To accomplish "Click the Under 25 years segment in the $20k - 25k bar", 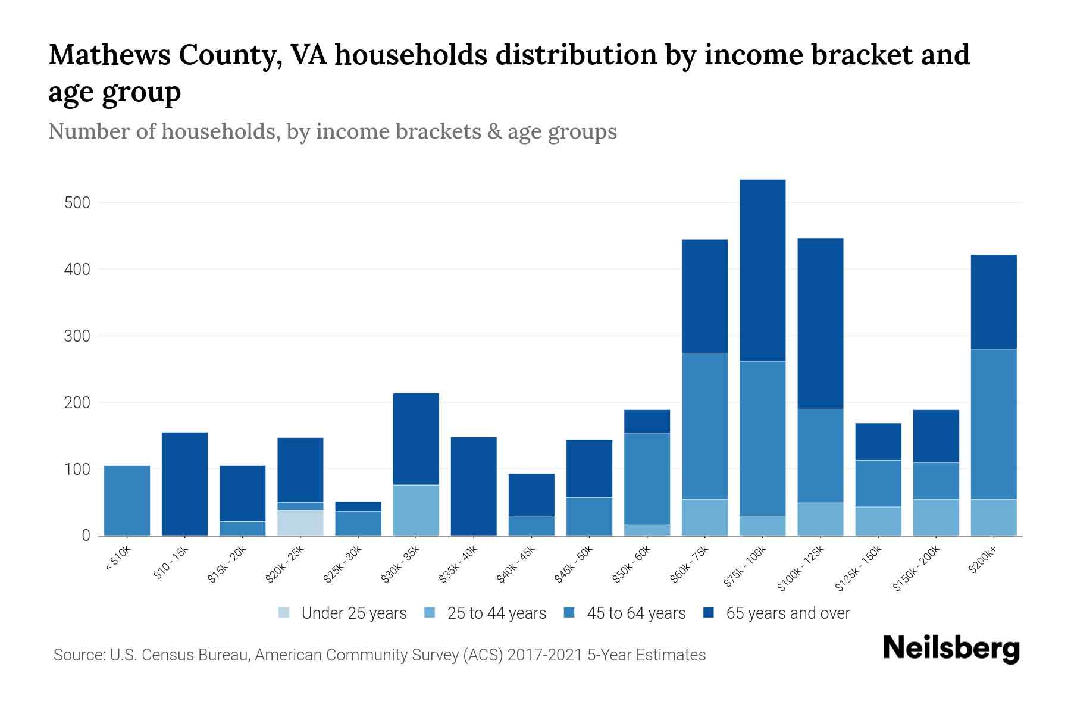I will pos(300,522).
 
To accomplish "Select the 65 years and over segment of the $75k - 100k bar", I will pos(762,270).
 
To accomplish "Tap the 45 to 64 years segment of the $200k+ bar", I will pos(994,424).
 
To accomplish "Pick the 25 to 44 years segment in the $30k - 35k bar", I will pos(416,510).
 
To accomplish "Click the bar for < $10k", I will pos(127,500).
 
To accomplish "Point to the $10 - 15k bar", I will pos(184,484).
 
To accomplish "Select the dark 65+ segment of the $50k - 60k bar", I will pos(647,421).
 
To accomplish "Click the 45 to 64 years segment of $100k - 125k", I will pos(820,456).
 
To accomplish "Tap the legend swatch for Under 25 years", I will pos(284,612).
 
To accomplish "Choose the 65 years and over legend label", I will pos(788,613).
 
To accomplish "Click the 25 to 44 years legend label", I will pos(496,613).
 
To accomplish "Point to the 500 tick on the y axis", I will pos(77,203).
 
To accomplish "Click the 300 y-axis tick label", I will pos(77,336).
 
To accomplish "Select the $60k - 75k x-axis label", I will pos(690,565).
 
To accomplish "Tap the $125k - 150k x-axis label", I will pos(860,569).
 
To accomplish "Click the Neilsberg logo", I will pos(951,649).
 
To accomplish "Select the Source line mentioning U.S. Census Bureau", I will pos(380,655).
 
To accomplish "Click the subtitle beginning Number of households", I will pos(333,131).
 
